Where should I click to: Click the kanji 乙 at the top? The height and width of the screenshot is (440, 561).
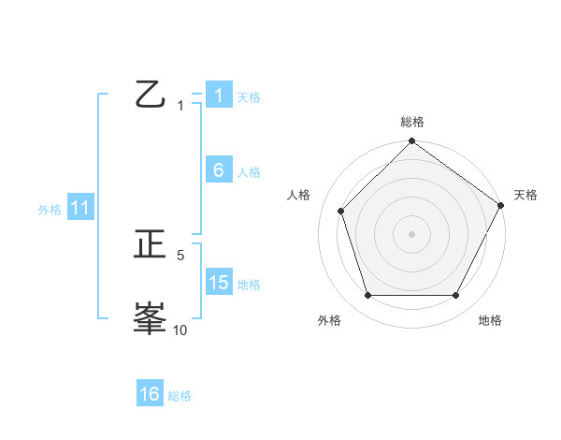point(150,95)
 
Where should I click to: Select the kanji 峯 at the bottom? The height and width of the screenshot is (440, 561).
point(150,318)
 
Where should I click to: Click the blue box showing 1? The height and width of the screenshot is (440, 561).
point(219,95)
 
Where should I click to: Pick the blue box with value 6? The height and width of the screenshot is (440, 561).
point(219,170)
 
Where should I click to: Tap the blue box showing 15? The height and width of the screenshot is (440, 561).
point(219,283)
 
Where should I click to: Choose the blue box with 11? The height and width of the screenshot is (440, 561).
point(80,209)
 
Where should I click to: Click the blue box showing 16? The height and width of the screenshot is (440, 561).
point(150,394)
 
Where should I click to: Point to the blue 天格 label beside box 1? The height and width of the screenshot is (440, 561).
point(249,97)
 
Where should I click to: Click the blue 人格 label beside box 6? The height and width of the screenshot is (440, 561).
point(249,172)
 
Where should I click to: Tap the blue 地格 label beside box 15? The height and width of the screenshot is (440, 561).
point(249,285)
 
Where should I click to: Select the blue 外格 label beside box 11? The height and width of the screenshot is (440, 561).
point(50,211)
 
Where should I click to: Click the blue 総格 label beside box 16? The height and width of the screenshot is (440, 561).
point(180,396)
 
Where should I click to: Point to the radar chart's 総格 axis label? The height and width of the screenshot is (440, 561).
point(412,122)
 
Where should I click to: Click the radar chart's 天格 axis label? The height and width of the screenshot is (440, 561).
point(526,195)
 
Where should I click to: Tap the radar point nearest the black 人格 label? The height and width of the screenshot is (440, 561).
point(341,211)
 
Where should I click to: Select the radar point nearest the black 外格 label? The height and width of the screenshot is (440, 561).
point(367,296)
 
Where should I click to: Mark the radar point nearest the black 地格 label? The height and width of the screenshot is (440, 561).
point(456,296)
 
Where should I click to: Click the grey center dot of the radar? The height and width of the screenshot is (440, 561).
point(412,233)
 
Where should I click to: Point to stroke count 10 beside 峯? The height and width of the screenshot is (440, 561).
point(180,330)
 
